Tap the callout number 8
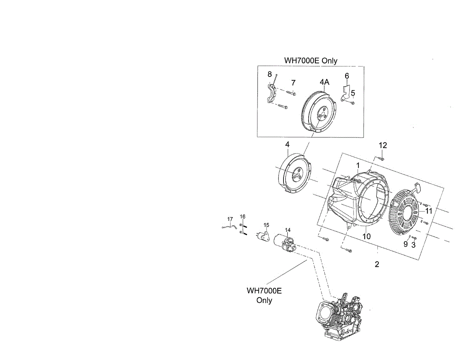(x=269, y=74)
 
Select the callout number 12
(x=383, y=145)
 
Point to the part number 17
(x=230, y=219)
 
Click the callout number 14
(x=287, y=230)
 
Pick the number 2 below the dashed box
(x=377, y=264)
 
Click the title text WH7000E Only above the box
(x=311, y=61)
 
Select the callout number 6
(x=347, y=75)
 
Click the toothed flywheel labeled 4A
(x=318, y=113)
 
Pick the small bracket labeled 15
(x=264, y=236)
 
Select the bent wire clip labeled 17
(x=229, y=227)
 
